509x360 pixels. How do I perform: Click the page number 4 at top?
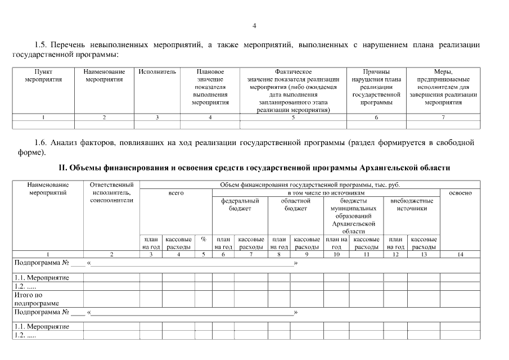254,26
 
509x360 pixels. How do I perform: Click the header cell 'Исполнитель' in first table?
157,72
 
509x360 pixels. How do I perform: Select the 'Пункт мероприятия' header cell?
43,76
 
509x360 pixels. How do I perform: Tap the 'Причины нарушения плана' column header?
376,87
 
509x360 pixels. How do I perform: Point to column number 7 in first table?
443,117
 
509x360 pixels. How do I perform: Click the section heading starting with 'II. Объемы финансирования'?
254,168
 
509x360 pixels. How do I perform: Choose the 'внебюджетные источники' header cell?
411,204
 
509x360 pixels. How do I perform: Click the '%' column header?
203,239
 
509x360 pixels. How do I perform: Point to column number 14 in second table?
460,254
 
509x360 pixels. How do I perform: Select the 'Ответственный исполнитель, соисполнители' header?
111,192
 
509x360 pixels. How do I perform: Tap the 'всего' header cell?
176,193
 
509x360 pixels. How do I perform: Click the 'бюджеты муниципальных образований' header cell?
354,215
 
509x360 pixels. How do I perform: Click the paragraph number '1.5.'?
41,44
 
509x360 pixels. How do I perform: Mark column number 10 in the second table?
336,254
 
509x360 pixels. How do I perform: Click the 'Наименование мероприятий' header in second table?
48,188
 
